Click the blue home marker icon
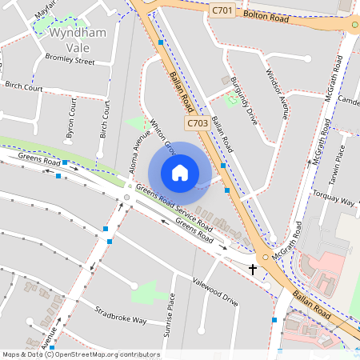click(180, 173)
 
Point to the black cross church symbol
click(254, 269)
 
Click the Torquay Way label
click(333, 197)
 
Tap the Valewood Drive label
click(215, 291)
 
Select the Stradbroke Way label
click(121, 314)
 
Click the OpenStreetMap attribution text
click(81, 354)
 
